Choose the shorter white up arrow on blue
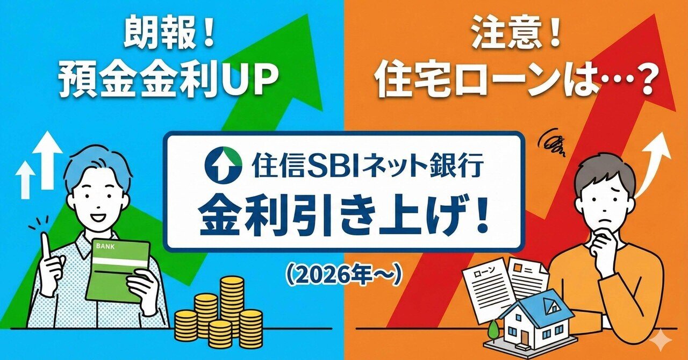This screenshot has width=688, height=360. click(x=25, y=180)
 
